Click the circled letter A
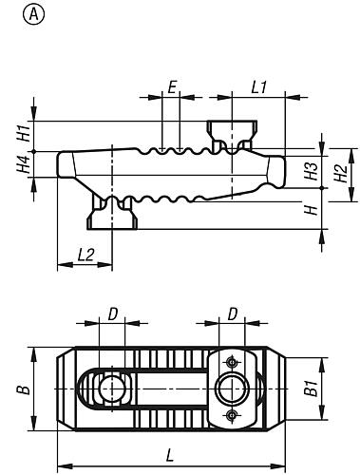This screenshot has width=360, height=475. [33, 14]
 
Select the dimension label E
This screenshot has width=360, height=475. [172, 87]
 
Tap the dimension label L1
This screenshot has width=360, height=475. [259, 87]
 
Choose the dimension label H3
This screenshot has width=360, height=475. [311, 171]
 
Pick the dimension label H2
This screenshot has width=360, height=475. [341, 174]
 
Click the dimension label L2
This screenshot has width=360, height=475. [85, 255]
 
